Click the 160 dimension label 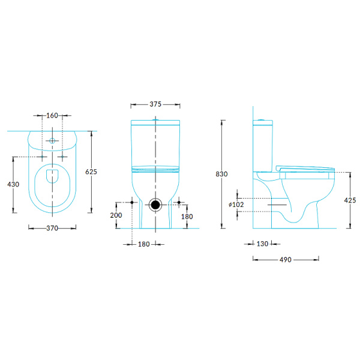[x=52, y=115]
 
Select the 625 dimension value [x=91, y=172]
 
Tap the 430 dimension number [x=13, y=184]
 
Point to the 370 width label [x=52, y=228]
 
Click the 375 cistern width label [x=155, y=104]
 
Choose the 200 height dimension [x=116, y=215]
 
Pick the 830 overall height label [x=221, y=174]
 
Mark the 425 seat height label [x=350, y=200]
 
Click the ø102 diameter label [x=236, y=205]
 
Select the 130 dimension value [x=262, y=244]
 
